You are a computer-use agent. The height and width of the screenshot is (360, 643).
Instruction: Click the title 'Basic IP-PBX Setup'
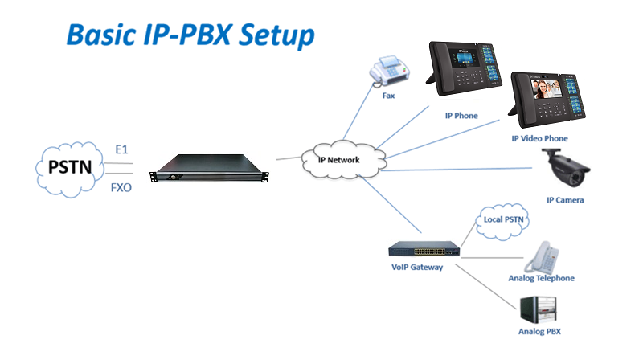(190, 35)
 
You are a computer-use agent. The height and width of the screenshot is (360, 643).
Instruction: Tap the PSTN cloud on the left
(69, 168)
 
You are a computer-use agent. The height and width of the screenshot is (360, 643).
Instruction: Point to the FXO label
(121, 190)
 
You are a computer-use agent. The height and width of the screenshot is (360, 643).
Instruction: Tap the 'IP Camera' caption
(565, 199)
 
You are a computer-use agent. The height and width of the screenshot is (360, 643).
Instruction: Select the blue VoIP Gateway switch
(424, 247)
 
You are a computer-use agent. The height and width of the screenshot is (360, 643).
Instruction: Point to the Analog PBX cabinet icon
(539, 309)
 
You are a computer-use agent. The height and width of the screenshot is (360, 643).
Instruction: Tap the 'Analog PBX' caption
(539, 331)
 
